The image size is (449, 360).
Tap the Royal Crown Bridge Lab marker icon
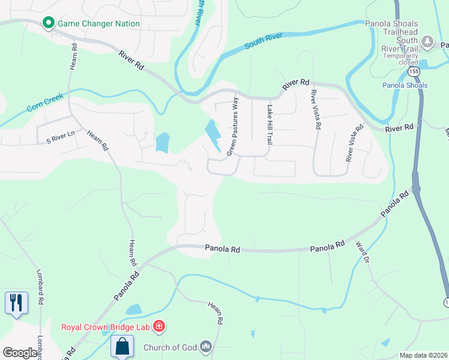click(159, 327)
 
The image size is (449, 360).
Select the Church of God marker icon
click(206, 347)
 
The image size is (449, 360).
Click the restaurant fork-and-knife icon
click(16, 302)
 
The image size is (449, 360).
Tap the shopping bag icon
click(122, 346)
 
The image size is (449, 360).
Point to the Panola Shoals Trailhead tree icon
click(427, 41)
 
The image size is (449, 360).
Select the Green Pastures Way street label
click(232, 127)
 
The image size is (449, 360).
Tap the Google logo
click(20, 353)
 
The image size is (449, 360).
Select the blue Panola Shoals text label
click(405, 85)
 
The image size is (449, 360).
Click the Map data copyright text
click(423, 355)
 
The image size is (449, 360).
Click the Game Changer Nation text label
click(98, 24)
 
